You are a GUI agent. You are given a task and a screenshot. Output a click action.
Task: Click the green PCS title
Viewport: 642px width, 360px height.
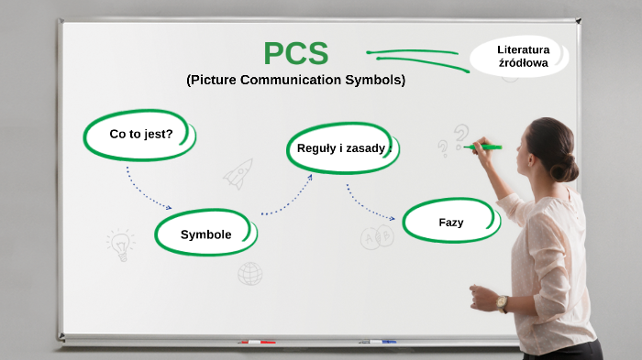point(295,53)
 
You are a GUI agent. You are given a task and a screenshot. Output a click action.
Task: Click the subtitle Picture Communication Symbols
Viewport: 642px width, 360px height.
point(295,81)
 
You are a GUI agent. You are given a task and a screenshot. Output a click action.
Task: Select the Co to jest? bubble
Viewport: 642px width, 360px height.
point(140,135)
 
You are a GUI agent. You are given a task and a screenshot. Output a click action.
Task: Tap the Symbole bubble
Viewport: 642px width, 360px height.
point(205,235)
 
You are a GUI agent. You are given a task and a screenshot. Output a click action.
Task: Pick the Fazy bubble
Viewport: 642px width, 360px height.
point(450,223)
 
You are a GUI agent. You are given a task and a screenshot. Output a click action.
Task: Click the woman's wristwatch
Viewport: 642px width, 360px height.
point(502,303)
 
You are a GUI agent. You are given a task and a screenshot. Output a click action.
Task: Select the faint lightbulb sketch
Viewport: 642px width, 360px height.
point(119,244)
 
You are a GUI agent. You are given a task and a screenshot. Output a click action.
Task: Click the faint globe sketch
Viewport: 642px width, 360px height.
point(249,273)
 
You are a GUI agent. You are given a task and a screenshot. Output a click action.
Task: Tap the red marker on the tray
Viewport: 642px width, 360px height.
point(257,343)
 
